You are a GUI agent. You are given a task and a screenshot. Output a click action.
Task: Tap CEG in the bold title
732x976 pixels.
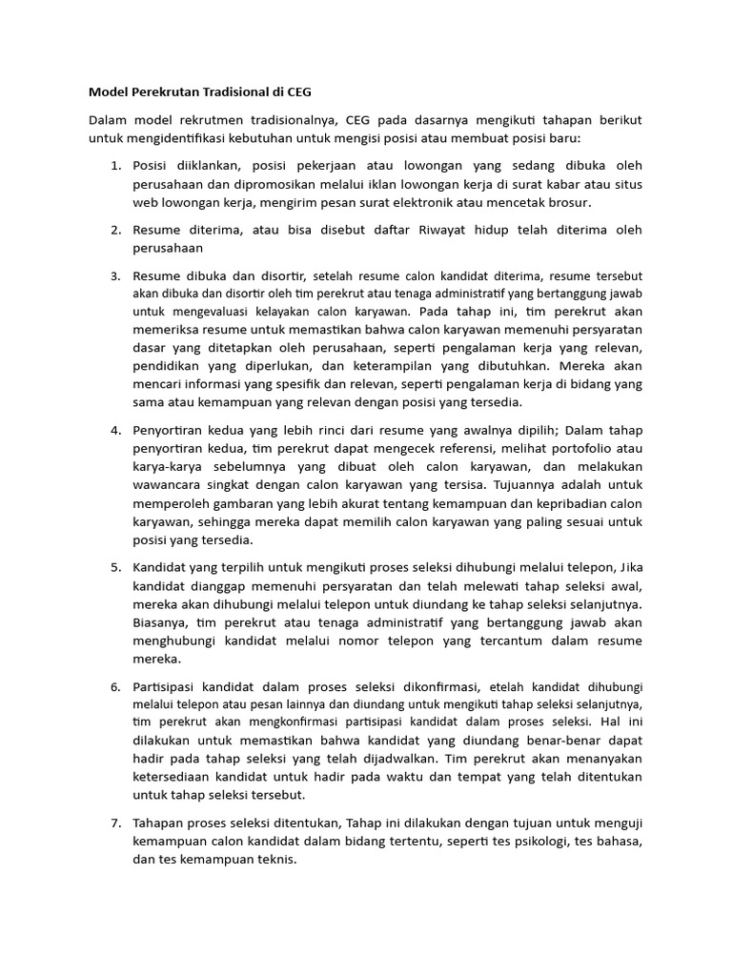(295, 92)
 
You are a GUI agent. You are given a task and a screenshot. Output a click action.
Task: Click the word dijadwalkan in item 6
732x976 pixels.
(388, 758)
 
